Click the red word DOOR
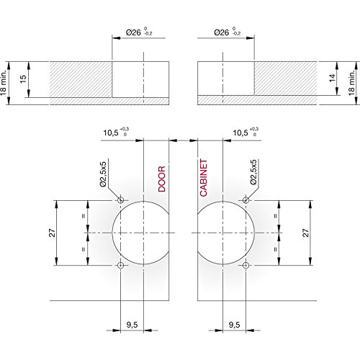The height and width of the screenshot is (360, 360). click(x=162, y=179)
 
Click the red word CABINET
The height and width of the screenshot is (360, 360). click(x=204, y=178)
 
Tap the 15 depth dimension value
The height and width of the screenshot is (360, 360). click(x=23, y=79)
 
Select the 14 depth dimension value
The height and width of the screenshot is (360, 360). click(x=332, y=78)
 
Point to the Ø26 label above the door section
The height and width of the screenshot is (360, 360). click(x=133, y=32)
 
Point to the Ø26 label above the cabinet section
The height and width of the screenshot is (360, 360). click(x=222, y=32)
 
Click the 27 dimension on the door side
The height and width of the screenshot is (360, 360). click(x=52, y=233)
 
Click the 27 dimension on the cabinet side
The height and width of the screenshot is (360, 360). click(x=305, y=233)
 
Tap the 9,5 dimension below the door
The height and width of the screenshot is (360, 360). click(x=132, y=325)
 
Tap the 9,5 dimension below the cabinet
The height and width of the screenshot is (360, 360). click(x=234, y=325)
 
